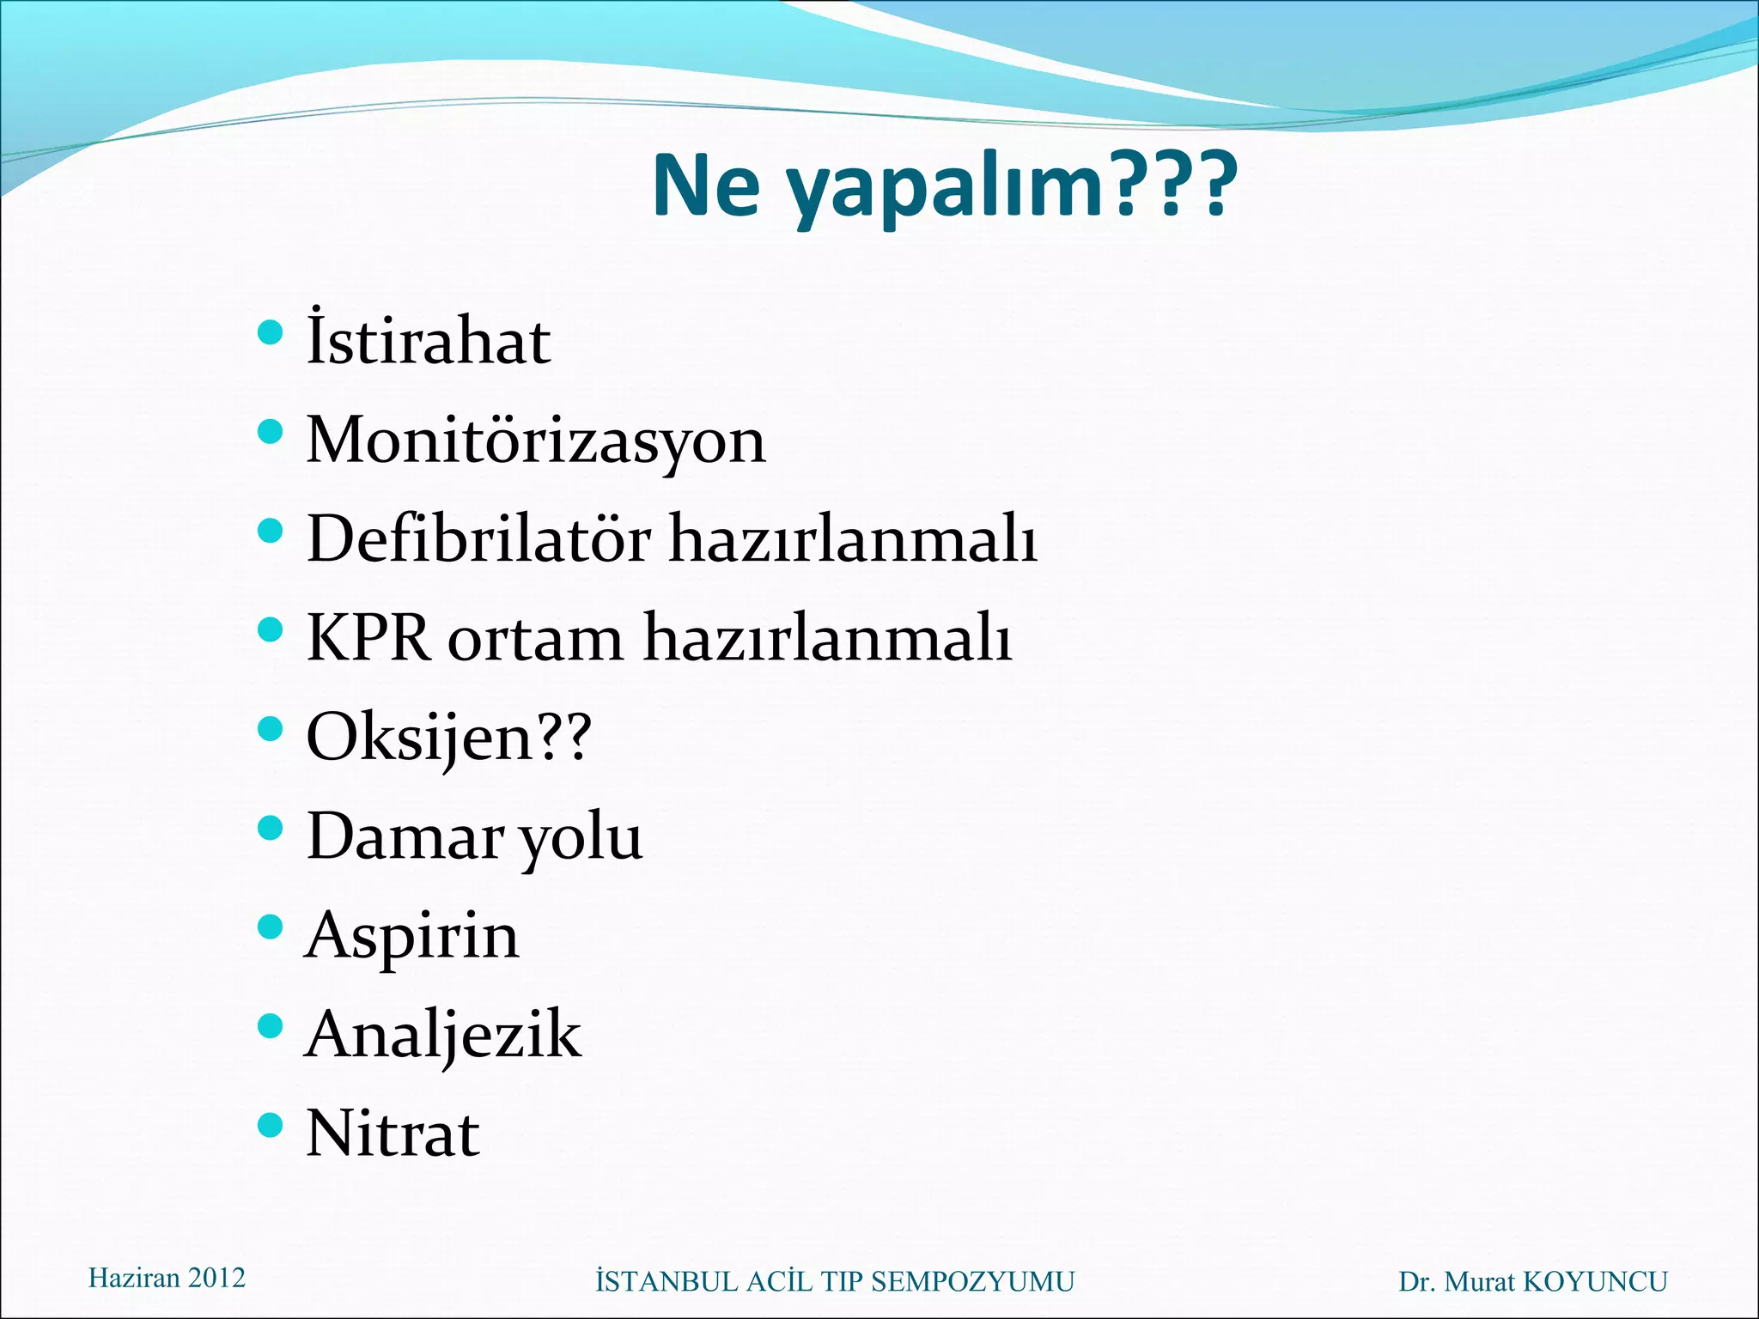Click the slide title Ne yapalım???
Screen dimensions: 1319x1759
pyautogui.click(x=945, y=186)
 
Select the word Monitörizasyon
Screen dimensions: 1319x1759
pyautogui.click(x=535, y=441)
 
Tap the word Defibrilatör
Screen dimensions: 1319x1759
pyautogui.click(x=478, y=539)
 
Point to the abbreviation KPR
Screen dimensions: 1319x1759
pyautogui.click(x=368, y=638)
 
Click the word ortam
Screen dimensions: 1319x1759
pyautogui.click(x=535, y=640)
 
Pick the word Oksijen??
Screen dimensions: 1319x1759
pyautogui.click(x=448, y=738)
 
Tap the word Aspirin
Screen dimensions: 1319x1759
pyautogui.click(x=412, y=935)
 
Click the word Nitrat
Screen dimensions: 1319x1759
pyautogui.click(x=393, y=1134)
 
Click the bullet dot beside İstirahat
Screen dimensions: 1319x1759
pyautogui.click(x=270, y=332)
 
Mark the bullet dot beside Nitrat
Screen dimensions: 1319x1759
pyautogui.click(x=270, y=1124)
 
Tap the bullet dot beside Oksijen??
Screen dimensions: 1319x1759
pyautogui.click(x=270, y=728)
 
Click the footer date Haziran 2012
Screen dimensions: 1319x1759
pyautogui.click(x=167, y=1278)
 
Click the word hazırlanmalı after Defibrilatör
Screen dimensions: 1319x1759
pyautogui.click(x=853, y=539)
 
